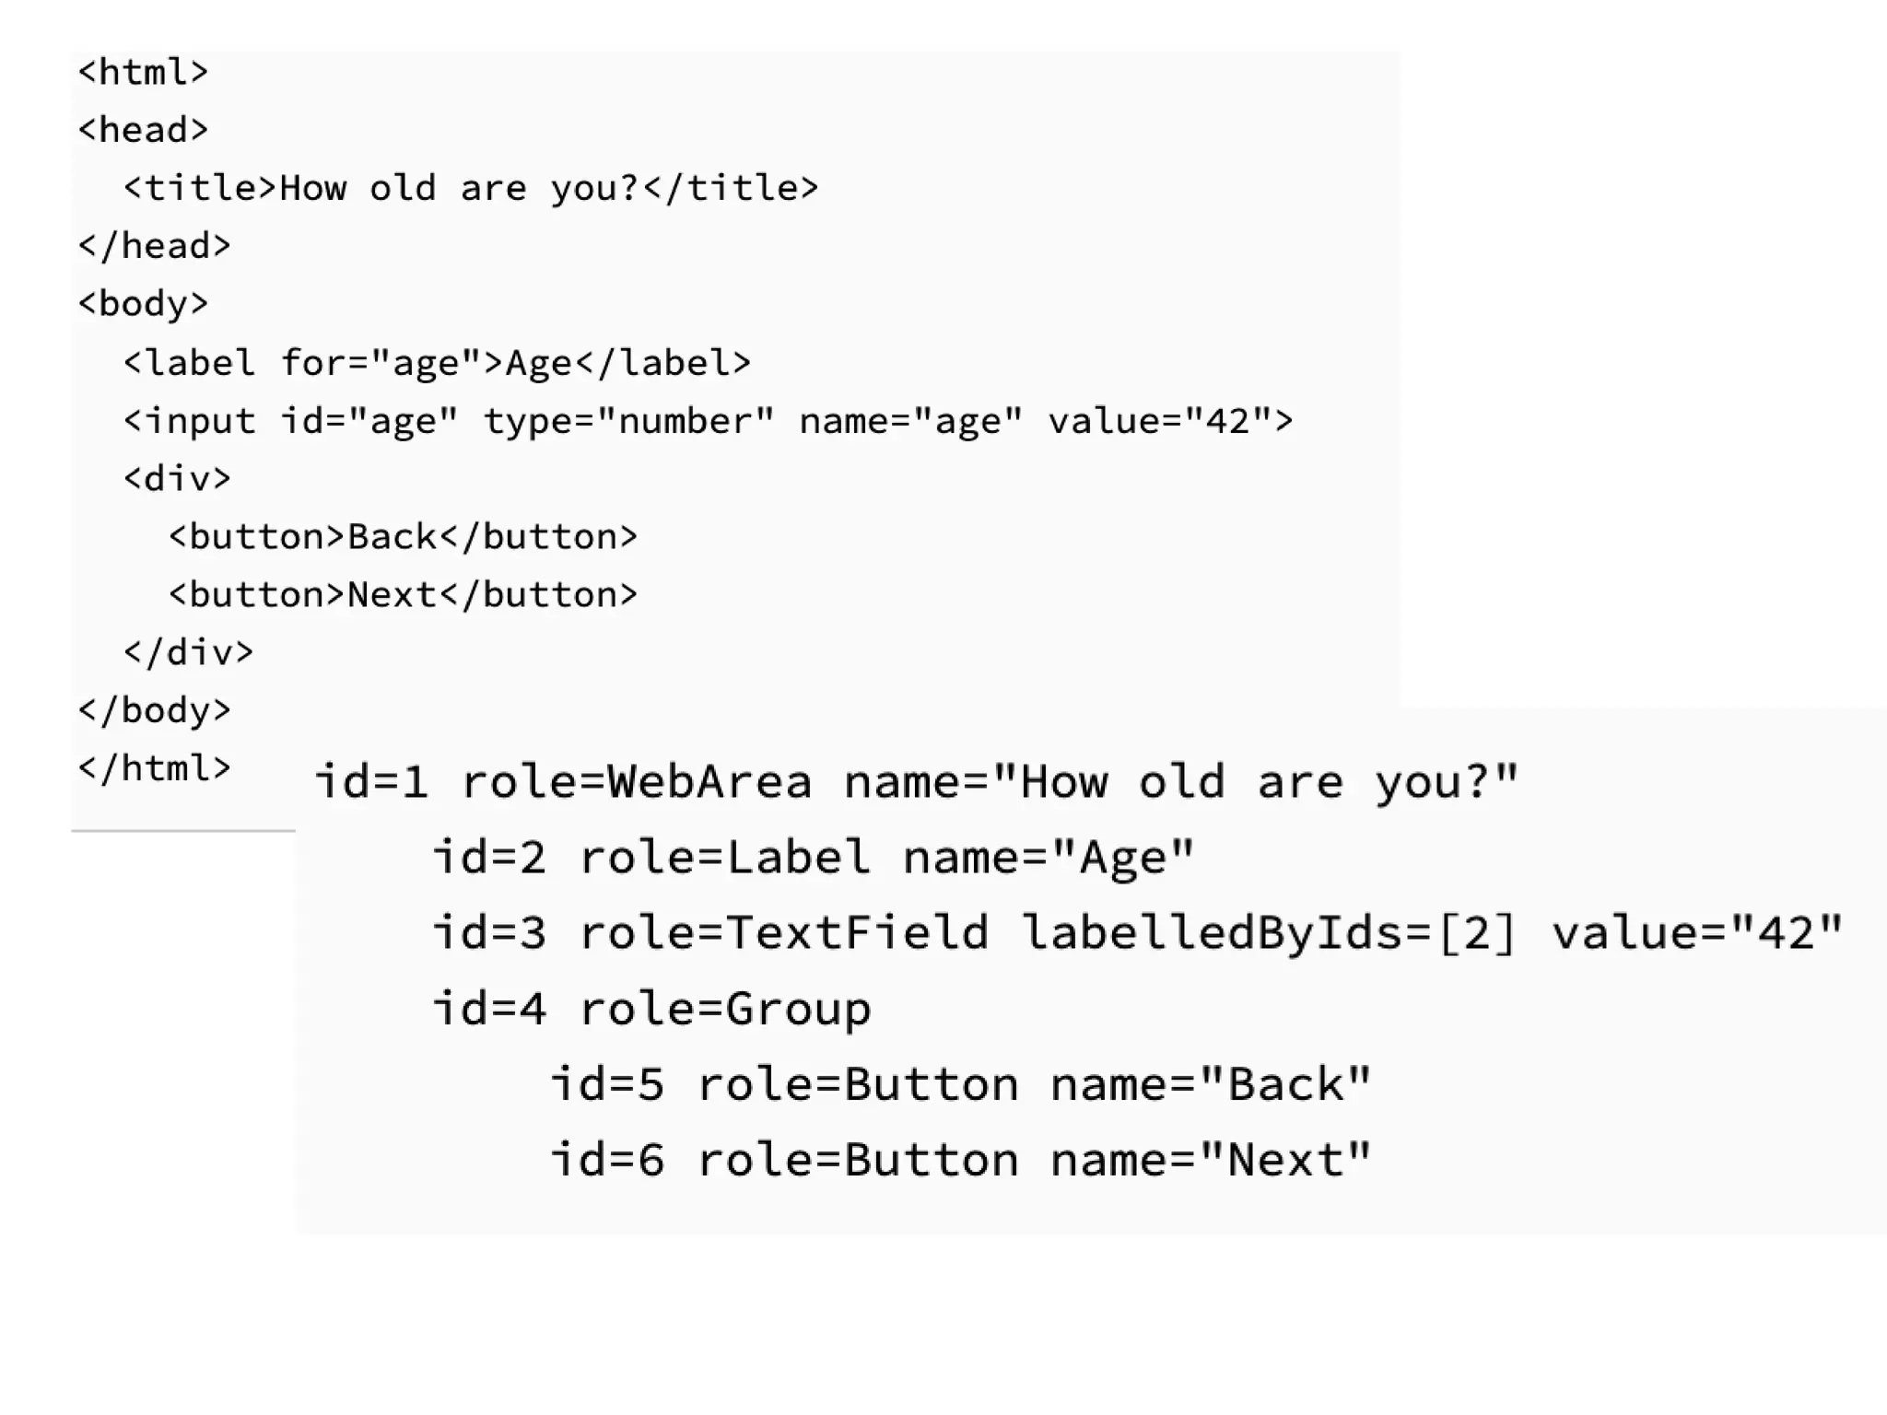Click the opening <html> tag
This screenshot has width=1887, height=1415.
pyautogui.click(x=143, y=72)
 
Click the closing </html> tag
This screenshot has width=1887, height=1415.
pyautogui.click(x=154, y=767)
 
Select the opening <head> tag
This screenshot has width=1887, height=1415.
pyautogui.click(x=143, y=130)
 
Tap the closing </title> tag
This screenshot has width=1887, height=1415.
pyautogui.click(x=731, y=188)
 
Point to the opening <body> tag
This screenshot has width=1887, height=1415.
pyautogui.click(x=143, y=304)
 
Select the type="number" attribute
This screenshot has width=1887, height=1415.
pyautogui.click(x=629, y=421)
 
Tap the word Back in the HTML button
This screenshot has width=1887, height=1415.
pyautogui.click(x=392, y=537)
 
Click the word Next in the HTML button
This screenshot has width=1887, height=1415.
pyautogui.click(x=392, y=595)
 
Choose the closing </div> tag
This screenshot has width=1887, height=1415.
pyautogui.click(x=188, y=652)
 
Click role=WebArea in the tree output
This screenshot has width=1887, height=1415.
pyautogui.click(x=637, y=782)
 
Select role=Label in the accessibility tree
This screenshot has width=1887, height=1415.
pyautogui.click(x=724, y=858)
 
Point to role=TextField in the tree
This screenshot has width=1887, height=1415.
pyautogui.click(x=784, y=932)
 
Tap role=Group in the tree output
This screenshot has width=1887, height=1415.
pyautogui.click(x=724, y=1008)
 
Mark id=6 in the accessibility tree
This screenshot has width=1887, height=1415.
pyautogui.click(x=607, y=1160)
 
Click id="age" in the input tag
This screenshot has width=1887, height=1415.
pyautogui.click(x=369, y=421)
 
